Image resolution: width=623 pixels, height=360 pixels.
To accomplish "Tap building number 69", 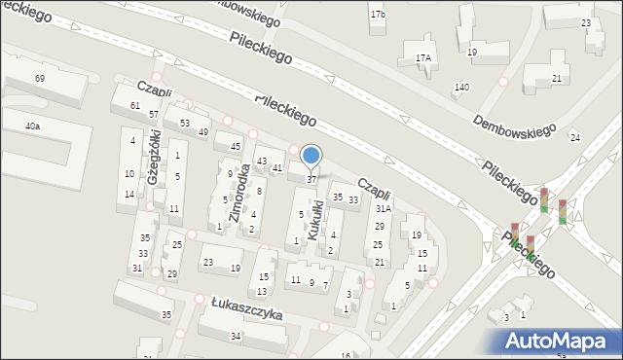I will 40,78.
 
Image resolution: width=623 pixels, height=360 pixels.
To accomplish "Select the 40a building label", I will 33,126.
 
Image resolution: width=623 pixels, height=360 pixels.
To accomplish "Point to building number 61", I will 135,105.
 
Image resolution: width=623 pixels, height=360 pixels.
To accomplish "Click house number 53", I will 184,123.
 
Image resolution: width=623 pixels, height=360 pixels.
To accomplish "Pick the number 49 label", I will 203,131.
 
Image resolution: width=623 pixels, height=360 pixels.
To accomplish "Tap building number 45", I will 235,146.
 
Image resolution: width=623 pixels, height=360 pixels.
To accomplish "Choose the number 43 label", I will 261,161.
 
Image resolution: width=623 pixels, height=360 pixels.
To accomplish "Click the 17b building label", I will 378,15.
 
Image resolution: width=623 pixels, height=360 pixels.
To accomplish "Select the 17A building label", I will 422,58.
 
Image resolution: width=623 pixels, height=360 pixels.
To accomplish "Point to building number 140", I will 461,88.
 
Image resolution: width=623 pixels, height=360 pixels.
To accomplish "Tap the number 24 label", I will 575,137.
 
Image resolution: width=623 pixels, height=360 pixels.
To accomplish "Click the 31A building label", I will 384,208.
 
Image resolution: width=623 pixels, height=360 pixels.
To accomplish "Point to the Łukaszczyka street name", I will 246,309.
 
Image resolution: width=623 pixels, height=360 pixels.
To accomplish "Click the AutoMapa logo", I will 560,341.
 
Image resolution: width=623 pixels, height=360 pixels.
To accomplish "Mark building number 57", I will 154,115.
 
